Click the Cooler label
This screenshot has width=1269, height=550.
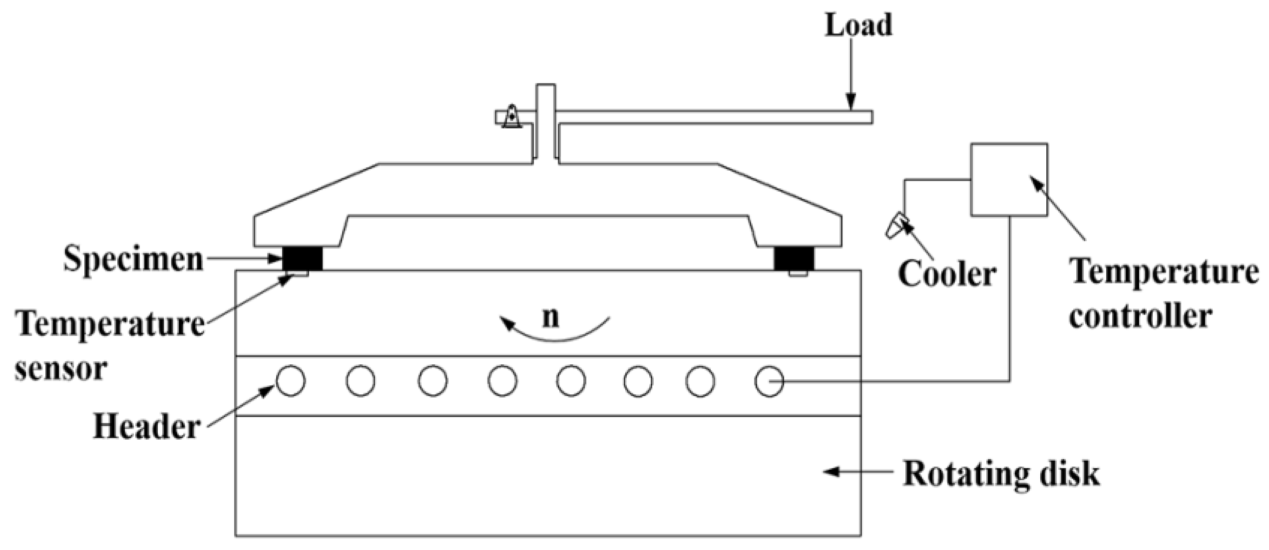(x=946, y=274)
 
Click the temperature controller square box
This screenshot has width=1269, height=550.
(x=1009, y=180)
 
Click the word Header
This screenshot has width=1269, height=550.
(x=147, y=428)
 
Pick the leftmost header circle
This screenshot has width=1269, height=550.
(x=291, y=381)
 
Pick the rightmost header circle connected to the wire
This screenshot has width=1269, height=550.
(x=769, y=381)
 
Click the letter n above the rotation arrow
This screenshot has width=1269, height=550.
(x=550, y=318)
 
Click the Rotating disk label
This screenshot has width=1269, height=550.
(x=1001, y=474)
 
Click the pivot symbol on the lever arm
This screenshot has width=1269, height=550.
(x=511, y=117)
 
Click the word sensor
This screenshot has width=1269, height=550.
(x=61, y=370)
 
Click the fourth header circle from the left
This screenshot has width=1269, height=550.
(x=502, y=381)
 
